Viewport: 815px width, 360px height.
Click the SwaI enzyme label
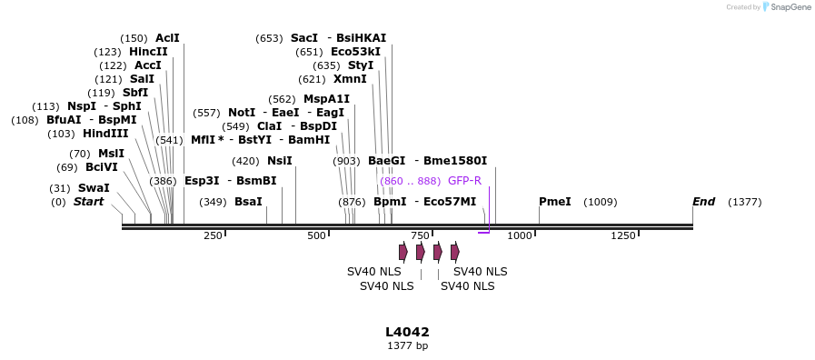pyautogui.click(x=94, y=188)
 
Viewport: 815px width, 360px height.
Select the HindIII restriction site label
pyautogui.click(x=105, y=134)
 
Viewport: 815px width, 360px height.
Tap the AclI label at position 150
pyautogui.click(x=167, y=38)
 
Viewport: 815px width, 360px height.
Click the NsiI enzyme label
pyautogui.click(x=280, y=161)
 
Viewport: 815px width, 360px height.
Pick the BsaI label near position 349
pyautogui.click(x=248, y=202)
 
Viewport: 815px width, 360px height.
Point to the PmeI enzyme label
pyautogui.click(x=554, y=202)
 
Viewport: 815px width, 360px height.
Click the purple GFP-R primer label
pyautogui.click(x=464, y=181)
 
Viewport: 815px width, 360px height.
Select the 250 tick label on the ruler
pyautogui.click(x=213, y=236)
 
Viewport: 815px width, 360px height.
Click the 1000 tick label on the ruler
pyautogui.click(x=520, y=236)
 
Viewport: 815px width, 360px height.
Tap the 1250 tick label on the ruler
pyautogui.click(x=623, y=236)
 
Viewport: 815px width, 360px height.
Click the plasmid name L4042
pyautogui.click(x=407, y=332)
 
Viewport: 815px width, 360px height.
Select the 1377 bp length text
pyautogui.click(x=407, y=345)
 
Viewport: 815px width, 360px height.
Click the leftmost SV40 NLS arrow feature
pyautogui.click(x=403, y=252)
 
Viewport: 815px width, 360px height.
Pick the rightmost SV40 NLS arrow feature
pyautogui.click(x=455, y=252)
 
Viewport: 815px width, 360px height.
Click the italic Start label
pyautogui.click(x=89, y=202)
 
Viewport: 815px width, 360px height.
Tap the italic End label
pyautogui.click(x=703, y=202)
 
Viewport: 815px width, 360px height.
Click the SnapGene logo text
pyautogui.click(x=790, y=7)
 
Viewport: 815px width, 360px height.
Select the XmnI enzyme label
pyautogui.click(x=350, y=79)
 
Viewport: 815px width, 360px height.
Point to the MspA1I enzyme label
pyautogui.click(x=326, y=99)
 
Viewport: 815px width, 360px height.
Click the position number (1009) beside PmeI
pyautogui.click(x=600, y=202)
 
